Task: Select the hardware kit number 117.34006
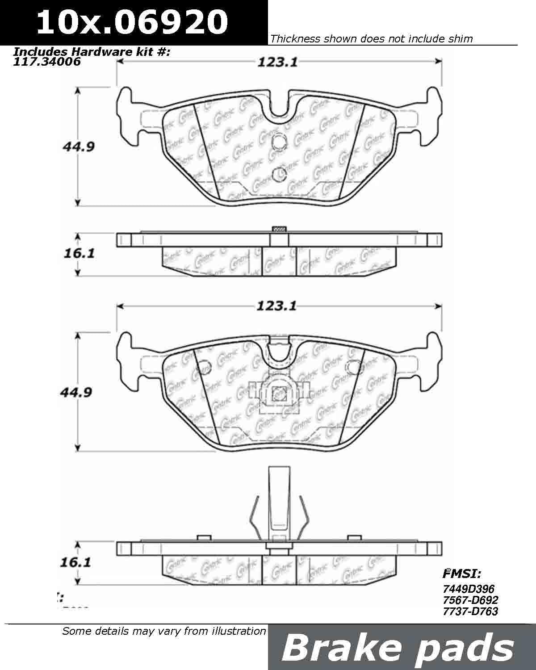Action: tap(47, 62)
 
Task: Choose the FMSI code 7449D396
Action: tap(469, 589)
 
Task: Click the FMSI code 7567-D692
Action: tap(471, 600)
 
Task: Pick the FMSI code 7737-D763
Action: tap(471, 611)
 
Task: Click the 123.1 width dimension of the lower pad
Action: tap(277, 306)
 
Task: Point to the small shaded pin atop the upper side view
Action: tap(279, 229)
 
